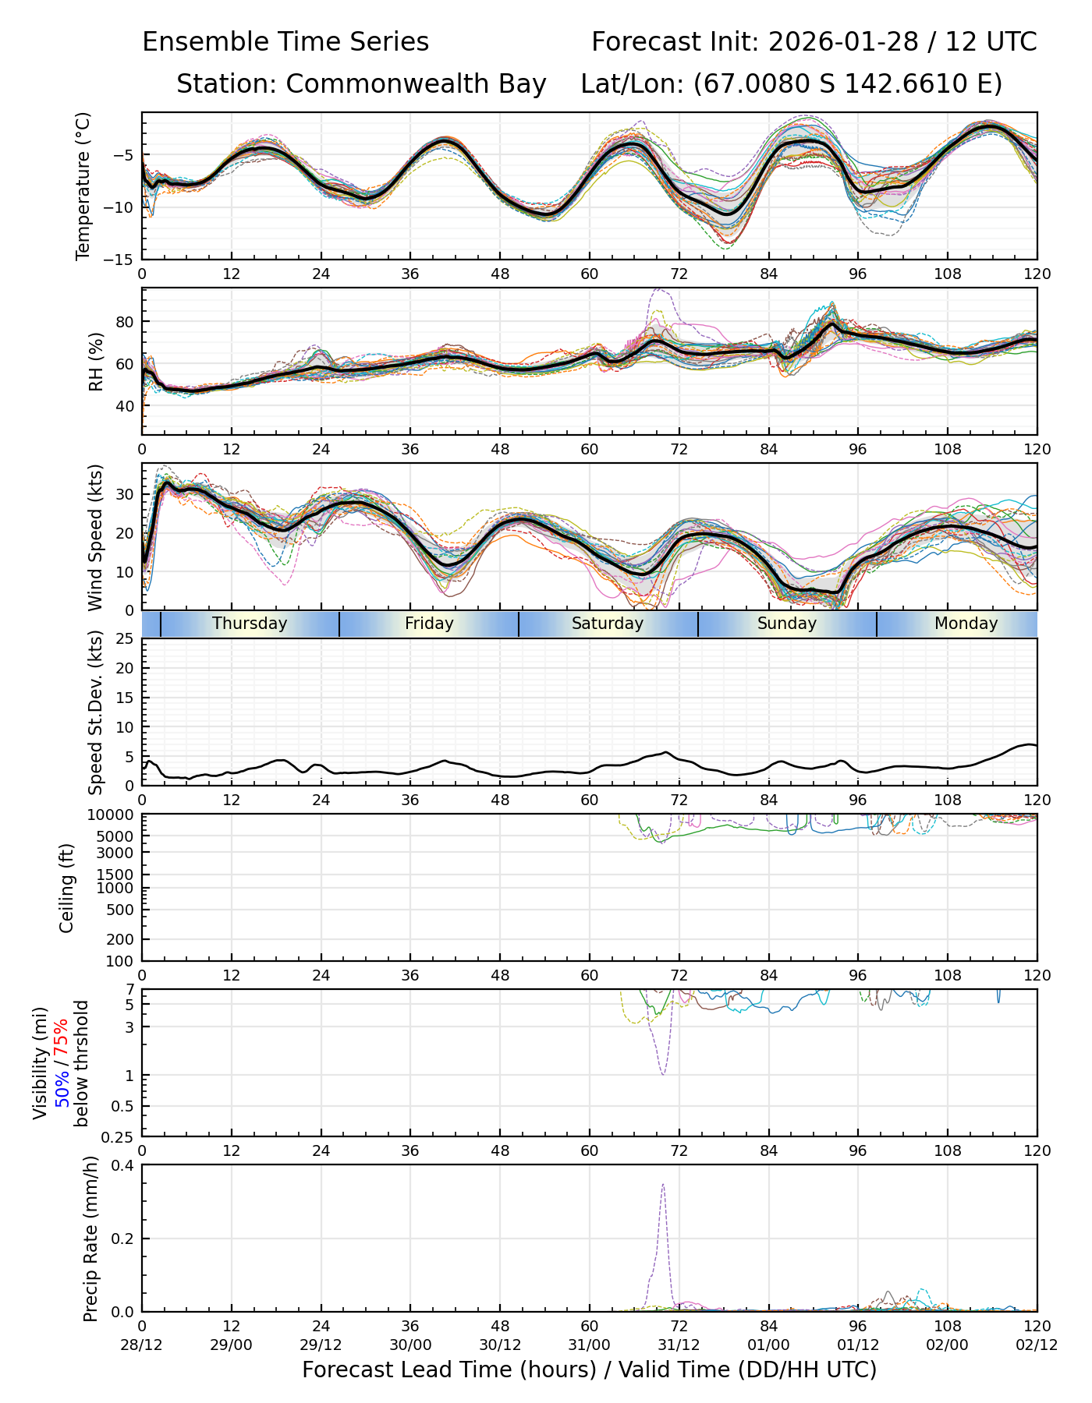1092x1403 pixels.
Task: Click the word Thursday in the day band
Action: pyautogui.click(x=250, y=624)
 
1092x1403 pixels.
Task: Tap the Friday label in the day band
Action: pyautogui.click(x=429, y=624)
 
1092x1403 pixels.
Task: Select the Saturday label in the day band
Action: pyautogui.click(x=608, y=624)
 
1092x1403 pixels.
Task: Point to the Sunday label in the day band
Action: pyautogui.click(x=787, y=624)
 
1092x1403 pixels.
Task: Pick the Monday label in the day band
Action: pyautogui.click(x=966, y=624)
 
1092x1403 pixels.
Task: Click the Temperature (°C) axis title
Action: pyautogui.click(x=83, y=186)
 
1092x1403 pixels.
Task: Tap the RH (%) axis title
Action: pyautogui.click(x=96, y=362)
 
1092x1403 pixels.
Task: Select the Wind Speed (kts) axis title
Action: pyautogui.click(x=95, y=537)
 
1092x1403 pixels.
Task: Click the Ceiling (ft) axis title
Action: pyautogui.click(x=67, y=888)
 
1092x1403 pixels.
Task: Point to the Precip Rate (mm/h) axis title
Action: pyautogui.click(x=90, y=1239)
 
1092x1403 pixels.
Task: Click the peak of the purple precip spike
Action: pyautogui.click(x=663, y=1185)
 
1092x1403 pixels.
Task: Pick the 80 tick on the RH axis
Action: pyautogui.click(x=125, y=322)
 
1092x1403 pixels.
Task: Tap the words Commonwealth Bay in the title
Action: pyautogui.click(x=416, y=84)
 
